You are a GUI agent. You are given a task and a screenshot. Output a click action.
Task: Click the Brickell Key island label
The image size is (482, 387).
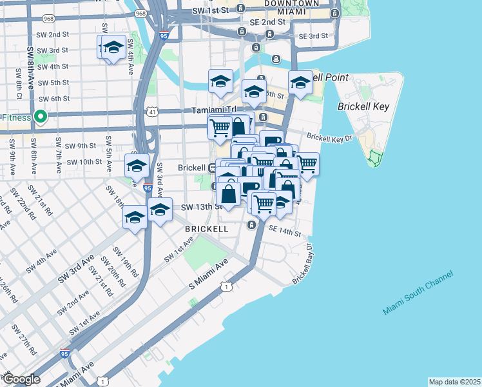coord(363,106)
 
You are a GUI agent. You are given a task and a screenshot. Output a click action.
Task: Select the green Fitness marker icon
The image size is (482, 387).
coord(40,117)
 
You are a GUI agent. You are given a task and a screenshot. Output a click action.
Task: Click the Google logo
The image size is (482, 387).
coord(21,379)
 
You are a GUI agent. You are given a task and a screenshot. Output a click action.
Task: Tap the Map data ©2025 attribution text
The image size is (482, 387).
coord(454,382)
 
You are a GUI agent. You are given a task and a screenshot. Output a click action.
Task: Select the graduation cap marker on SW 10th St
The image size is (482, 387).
coord(137,166)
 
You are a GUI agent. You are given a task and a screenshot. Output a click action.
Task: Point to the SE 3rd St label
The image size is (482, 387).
coord(314,35)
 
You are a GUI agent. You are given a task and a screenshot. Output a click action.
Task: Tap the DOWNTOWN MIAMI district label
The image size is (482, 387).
coord(291,8)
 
